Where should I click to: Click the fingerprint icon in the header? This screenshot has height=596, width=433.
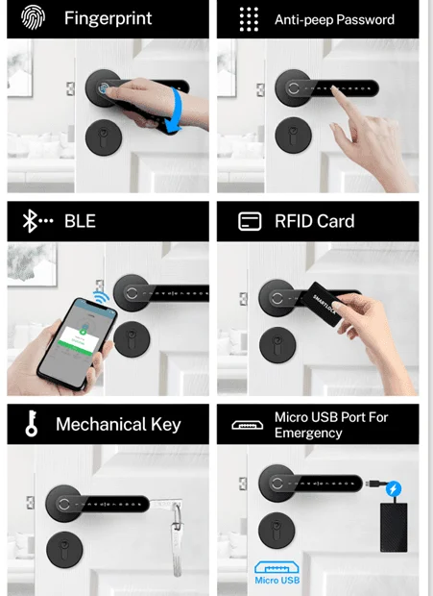click(x=33, y=17)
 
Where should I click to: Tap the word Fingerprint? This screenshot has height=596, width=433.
click(x=108, y=18)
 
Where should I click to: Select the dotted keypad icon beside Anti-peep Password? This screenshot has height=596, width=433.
click(x=249, y=19)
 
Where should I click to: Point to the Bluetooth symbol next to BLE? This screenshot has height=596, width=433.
click(x=30, y=221)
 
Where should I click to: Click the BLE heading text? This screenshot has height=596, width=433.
click(x=80, y=221)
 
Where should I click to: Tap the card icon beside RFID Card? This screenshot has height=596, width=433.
click(x=250, y=221)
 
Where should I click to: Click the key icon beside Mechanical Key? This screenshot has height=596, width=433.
click(x=32, y=423)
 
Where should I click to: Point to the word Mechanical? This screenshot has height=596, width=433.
click(x=101, y=424)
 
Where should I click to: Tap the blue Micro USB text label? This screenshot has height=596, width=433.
click(x=277, y=580)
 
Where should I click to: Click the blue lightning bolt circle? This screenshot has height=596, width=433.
click(x=394, y=488)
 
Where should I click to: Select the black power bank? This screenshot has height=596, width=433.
click(x=394, y=527)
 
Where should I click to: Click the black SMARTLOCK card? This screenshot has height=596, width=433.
click(x=323, y=304)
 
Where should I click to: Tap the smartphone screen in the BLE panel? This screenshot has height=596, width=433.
click(x=78, y=343)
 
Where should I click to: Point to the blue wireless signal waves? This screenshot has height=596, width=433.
click(x=101, y=296)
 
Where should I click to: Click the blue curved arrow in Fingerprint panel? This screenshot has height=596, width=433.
click(x=175, y=111)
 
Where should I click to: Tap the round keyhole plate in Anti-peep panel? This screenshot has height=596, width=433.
click(x=293, y=136)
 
